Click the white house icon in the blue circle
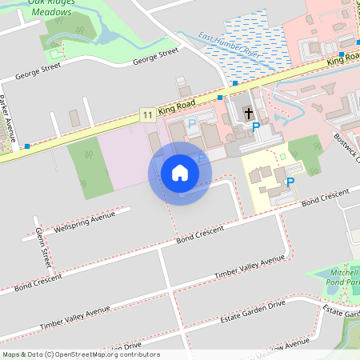coord(180,173)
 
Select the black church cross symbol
coord(249,113)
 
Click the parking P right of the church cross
coord(256,126)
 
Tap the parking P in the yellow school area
coord(290,182)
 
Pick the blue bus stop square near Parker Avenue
coord(27,146)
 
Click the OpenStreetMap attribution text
coord(80,354)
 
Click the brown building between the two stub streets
coord(74,118)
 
